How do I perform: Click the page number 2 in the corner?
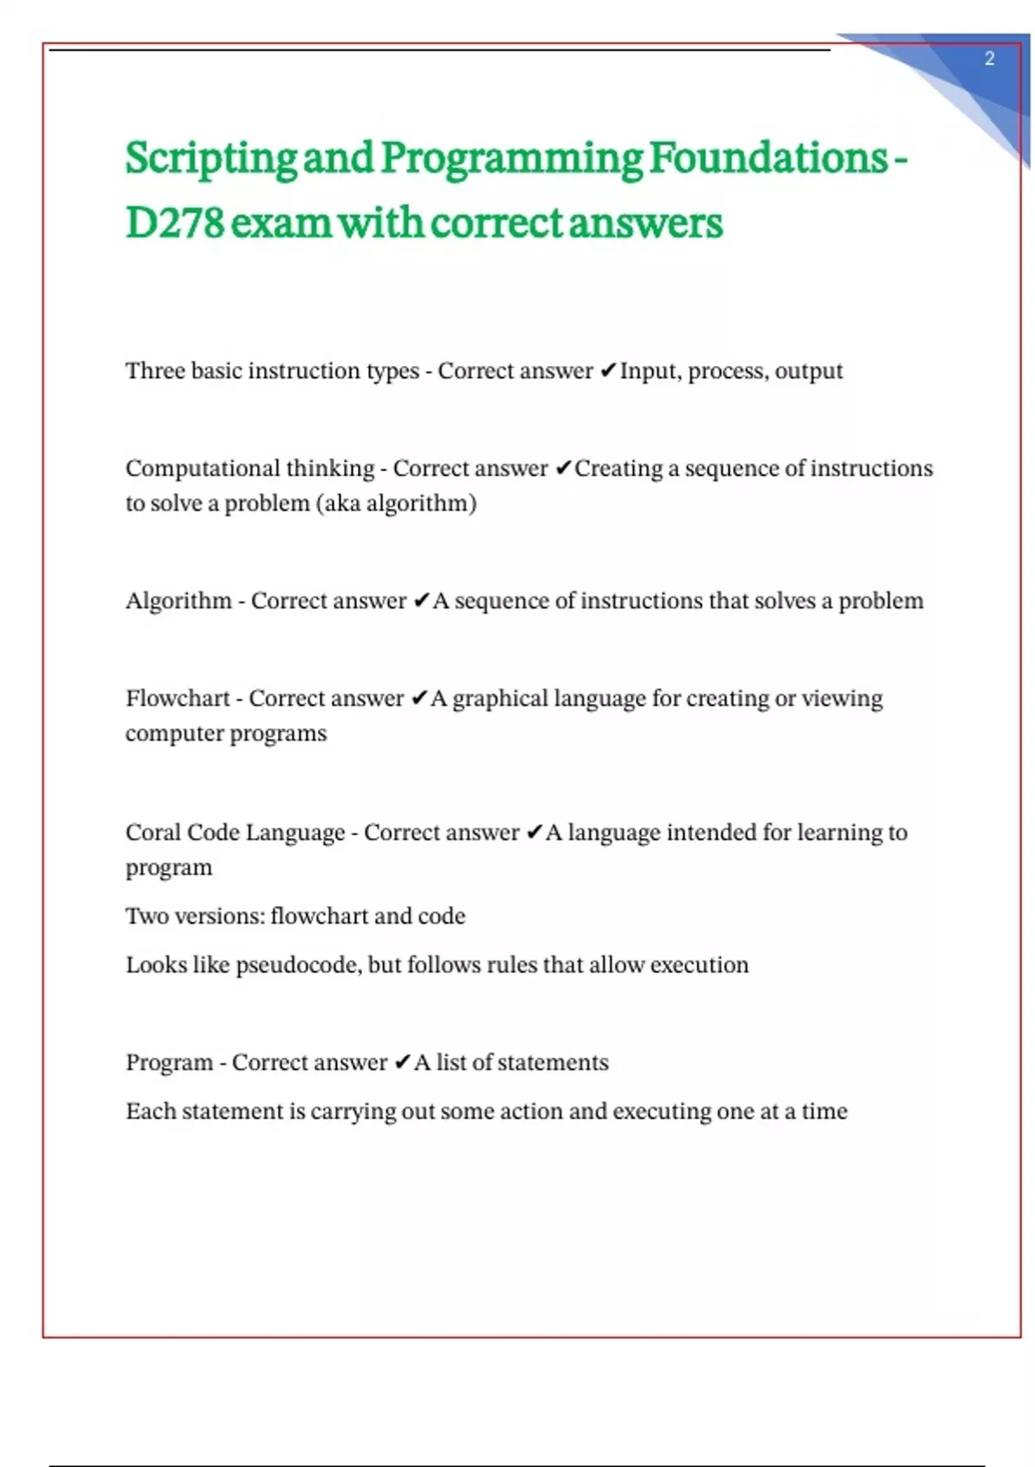click(x=989, y=59)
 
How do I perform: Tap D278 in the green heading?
click(x=175, y=224)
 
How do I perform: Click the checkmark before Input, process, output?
click(x=607, y=371)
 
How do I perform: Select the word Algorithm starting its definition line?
click(x=179, y=601)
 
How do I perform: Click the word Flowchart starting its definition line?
click(x=178, y=698)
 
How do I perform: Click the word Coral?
click(x=153, y=833)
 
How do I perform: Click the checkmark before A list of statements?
click(x=402, y=1062)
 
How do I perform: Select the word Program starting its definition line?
click(x=169, y=1063)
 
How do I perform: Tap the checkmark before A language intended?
click(x=533, y=833)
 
